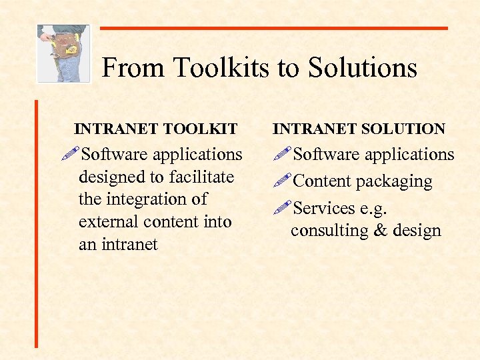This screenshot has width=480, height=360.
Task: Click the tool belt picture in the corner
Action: point(63,53)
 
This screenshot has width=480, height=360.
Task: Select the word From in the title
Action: point(134,68)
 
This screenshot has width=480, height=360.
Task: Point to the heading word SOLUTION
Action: point(403,129)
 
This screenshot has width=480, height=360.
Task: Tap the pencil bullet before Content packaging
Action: point(283,181)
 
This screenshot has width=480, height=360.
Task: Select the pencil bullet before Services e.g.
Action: point(283,207)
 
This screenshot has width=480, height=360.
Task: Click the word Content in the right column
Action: point(322,181)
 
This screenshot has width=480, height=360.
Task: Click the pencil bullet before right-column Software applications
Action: point(283,153)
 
